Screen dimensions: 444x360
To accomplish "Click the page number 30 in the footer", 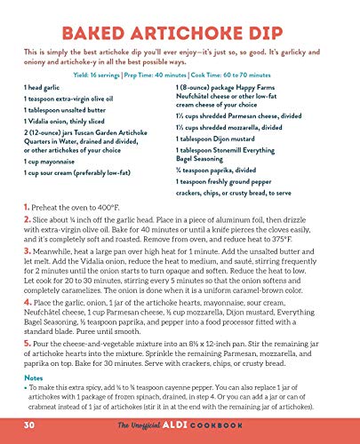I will [30, 425].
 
